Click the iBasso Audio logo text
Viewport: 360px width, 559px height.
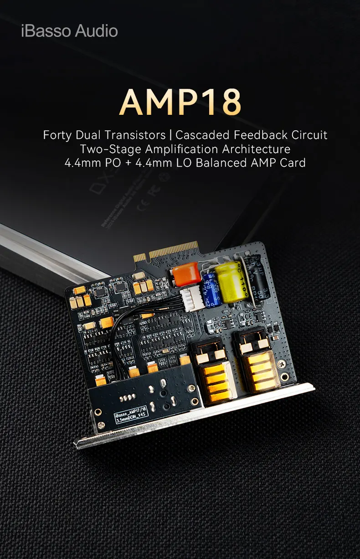69,31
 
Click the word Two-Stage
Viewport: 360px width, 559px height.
105,149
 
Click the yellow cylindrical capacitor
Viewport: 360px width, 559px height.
231,281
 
